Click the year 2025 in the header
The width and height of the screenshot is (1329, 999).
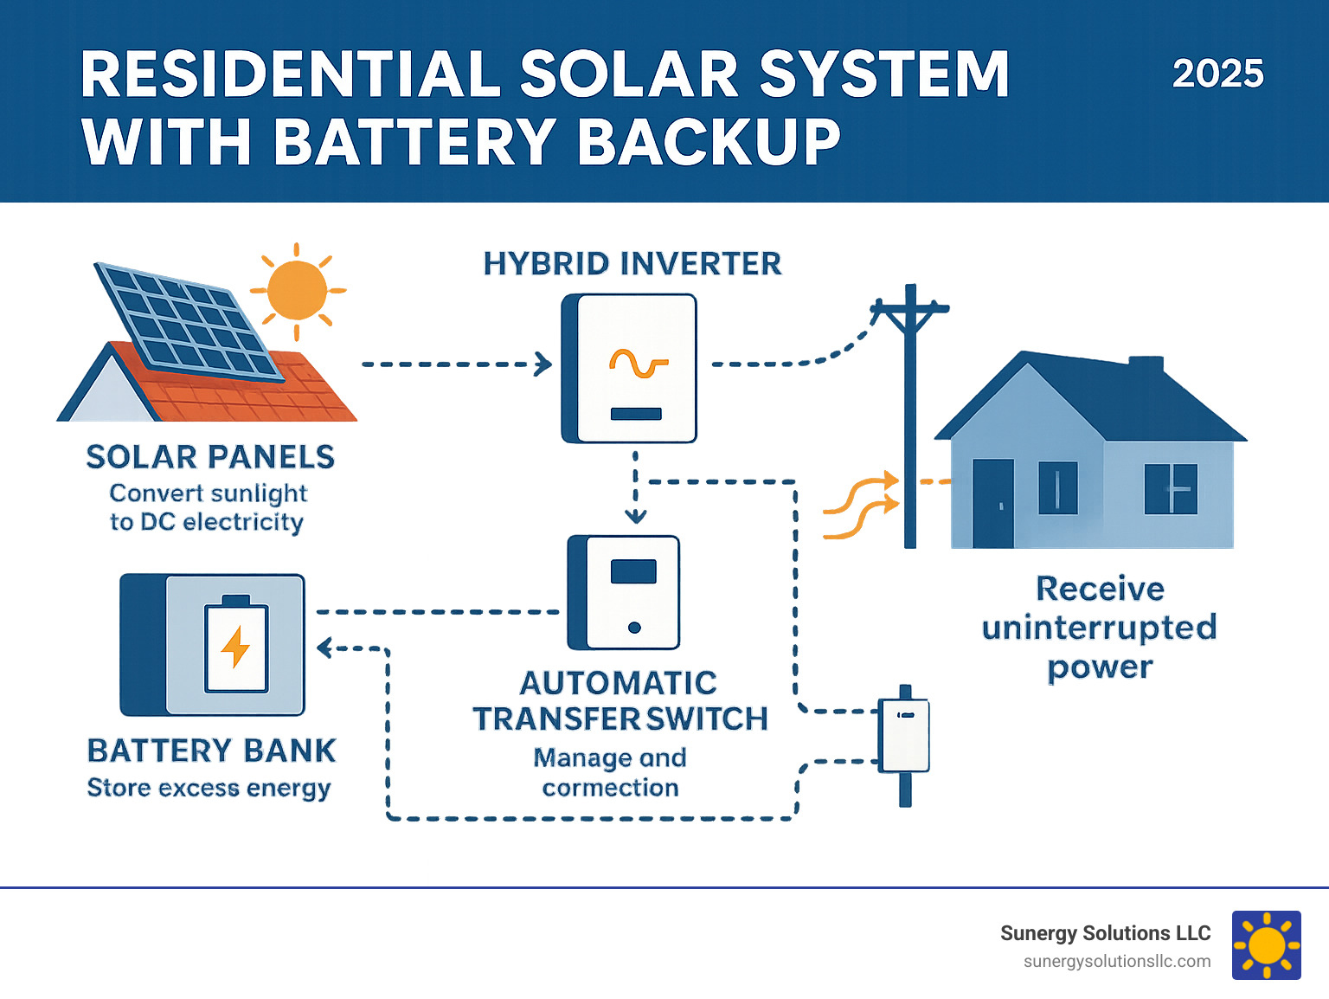(x=1217, y=74)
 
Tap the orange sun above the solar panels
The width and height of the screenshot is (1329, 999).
(x=297, y=290)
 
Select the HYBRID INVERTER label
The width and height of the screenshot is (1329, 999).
(x=632, y=264)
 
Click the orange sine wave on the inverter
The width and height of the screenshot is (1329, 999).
(x=639, y=364)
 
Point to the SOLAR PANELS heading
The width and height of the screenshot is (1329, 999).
(x=210, y=457)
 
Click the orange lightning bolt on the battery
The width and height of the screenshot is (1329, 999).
(x=235, y=648)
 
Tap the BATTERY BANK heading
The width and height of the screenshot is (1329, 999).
(x=211, y=751)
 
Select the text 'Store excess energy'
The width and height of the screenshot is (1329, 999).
(x=209, y=789)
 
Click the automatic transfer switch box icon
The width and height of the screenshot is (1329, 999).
(x=624, y=593)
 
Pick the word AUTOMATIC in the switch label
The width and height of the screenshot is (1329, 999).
(x=618, y=683)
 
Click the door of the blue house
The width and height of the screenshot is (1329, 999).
(x=992, y=503)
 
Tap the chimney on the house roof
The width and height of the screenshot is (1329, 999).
(x=1146, y=364)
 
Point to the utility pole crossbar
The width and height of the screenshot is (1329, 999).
(x=909, y=308)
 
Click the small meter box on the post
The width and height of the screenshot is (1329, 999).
(x=904, y=736)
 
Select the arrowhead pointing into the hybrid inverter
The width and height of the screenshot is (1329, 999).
(x=544, y=364)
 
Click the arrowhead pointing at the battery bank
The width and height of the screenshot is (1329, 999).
(x=324, y=648)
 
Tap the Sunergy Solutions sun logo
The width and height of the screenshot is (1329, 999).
(x=1266, y=945)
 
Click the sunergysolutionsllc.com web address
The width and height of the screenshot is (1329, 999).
(x=1116, y=962)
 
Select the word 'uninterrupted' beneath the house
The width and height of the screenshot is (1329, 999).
(x=1099, y=628)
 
